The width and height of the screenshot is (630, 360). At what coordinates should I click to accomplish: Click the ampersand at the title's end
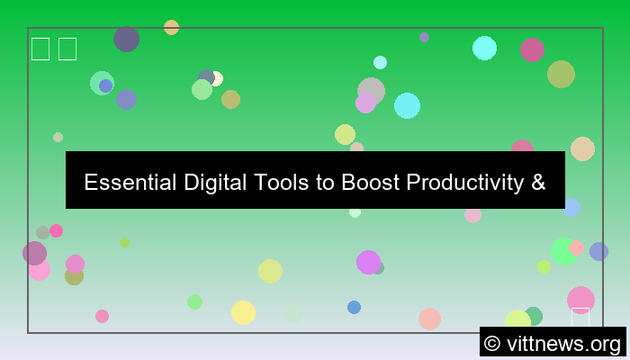pos(538,183)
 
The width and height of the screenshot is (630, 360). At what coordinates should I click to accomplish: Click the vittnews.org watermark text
pos(562,343)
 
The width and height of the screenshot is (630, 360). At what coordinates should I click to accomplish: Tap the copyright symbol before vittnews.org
pos(492,343)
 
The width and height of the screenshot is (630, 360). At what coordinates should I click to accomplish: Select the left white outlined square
pos(40,49)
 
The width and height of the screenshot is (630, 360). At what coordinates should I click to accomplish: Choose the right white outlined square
pos(67,49)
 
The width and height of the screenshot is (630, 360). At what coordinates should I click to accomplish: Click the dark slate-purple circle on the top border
pos(126,39)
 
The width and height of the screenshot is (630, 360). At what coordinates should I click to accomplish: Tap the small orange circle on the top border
pos(171,27)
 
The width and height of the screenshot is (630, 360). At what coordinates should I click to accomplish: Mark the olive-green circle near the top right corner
pos(561,74)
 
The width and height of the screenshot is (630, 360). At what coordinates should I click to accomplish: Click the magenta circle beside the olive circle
pos(532,49)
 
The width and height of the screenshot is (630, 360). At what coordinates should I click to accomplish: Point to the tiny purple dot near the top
pos(424,37)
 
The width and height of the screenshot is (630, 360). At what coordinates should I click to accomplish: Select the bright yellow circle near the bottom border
pos(243,312)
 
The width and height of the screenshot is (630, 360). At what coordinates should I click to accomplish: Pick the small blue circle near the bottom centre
pos(354,307)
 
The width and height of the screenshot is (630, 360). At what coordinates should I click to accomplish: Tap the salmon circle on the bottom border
pos(429,319)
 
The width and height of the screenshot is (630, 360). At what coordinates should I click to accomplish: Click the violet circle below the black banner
pos(367,262)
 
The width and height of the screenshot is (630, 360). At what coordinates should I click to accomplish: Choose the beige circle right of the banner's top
pos(582,148)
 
